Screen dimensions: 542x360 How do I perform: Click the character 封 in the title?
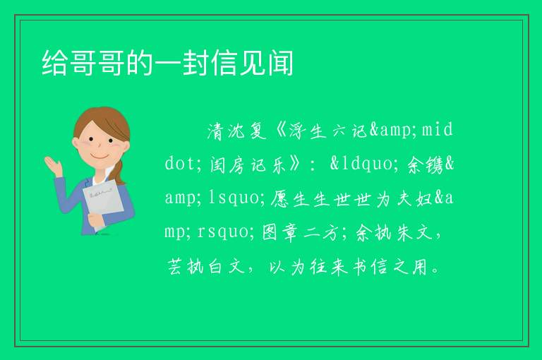tap(195, 63)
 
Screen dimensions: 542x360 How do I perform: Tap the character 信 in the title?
tap(224, 63)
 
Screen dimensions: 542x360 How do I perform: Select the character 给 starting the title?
tap(55, 63)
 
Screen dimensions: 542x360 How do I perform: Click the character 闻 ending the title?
tap(280, 63)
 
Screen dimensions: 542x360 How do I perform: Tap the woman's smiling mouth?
tap(100, 156)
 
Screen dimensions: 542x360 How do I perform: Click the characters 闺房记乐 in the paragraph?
tap(249, 164)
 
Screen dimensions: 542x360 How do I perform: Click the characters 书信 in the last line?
tap(371, 267)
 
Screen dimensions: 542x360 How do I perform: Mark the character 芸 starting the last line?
tap(175, 267)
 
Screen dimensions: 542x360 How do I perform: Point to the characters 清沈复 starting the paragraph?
tap(237, 131)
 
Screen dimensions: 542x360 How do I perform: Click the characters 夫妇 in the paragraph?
tap(415, 198)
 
